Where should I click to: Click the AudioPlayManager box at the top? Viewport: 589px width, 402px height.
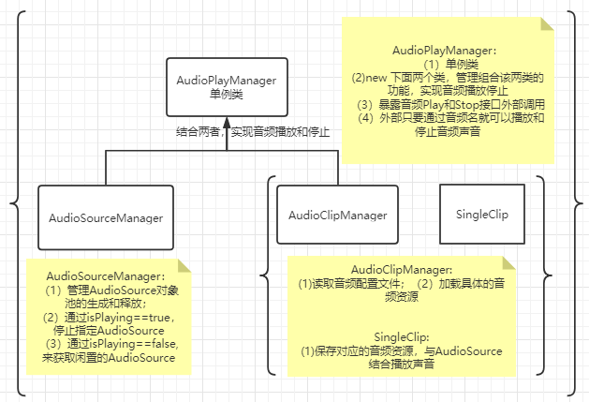pos(226,87)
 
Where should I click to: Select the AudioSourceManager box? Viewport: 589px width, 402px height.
pos(106,217)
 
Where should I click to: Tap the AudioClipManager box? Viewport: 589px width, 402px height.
pos(337,216)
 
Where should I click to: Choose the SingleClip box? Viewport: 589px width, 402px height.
pos(480,215)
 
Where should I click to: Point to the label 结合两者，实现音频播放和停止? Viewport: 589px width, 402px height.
pos(253,132)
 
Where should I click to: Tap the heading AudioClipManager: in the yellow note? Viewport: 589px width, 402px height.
pos(401,270)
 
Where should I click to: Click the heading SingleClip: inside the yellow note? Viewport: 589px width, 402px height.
pos(401,336)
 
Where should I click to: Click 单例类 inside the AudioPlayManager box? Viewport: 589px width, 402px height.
pos(226,94)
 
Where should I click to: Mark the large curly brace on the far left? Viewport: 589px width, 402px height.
pos(16,201)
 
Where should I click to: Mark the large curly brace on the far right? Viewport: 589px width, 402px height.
pos(574,201)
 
